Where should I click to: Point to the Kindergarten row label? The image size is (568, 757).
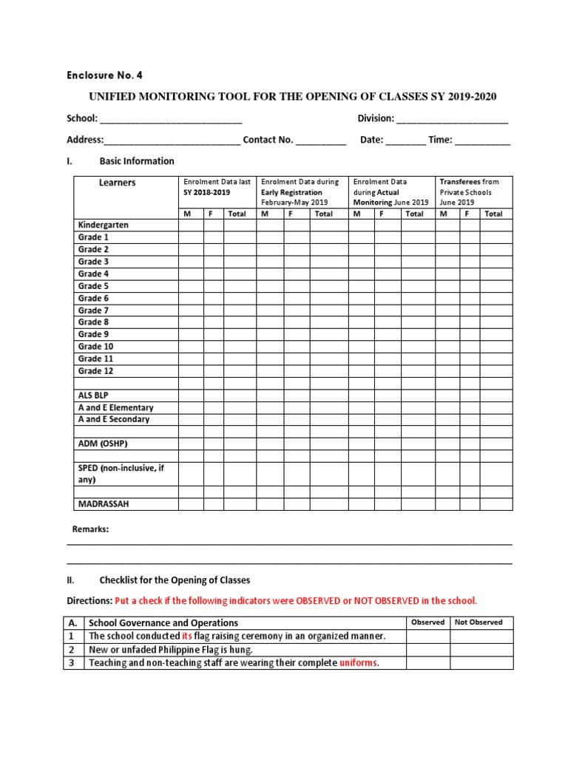[104, 225]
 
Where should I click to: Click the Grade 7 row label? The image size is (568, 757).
[93, 310]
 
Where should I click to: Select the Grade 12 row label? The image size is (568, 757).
[95, 371]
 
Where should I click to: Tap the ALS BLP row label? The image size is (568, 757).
[93, 396]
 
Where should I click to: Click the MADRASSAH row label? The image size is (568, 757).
[104, 504]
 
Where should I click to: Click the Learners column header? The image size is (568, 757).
[118, 183]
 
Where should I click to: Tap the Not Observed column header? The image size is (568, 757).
[479, 622]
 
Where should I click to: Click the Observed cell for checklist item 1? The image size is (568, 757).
[427, 637]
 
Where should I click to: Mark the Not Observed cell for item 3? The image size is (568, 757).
[481, 663]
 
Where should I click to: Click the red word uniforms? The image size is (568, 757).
[358, 663]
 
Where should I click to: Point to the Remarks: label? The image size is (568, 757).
[90, 529]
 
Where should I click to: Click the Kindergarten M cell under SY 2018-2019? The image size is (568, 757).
[191, 225]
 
